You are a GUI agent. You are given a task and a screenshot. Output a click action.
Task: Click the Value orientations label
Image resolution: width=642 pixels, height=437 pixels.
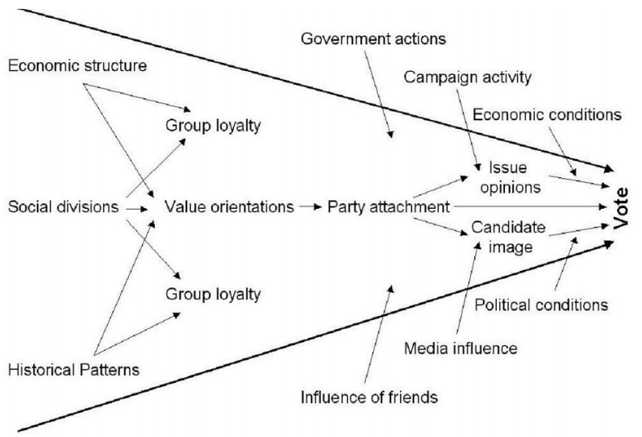[x=228, y=206]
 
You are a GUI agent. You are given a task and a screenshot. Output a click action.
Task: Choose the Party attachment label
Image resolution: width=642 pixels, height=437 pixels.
[x=388, y=206]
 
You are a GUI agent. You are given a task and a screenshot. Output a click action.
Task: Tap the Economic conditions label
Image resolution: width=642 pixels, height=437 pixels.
[x=547, y=114]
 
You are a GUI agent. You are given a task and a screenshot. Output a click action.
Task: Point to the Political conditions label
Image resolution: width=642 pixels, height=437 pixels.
[x=541, y=306]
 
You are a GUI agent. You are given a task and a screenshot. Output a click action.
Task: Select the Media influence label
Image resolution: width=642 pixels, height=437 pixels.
[x=459, y=348]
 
